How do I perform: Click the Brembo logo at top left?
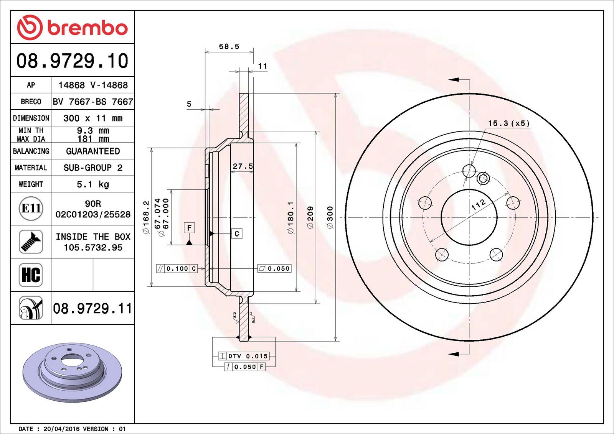click(73, 28)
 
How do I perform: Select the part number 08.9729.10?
click(73, 61)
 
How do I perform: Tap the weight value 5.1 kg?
click(93, 184)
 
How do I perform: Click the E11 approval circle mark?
click(31, 209)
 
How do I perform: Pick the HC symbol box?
click(31, 275)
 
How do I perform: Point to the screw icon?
click(31, 242)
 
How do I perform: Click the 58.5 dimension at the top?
click(229, 46)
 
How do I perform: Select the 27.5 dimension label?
click(243, 166)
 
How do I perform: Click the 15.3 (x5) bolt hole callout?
click(509, 123)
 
